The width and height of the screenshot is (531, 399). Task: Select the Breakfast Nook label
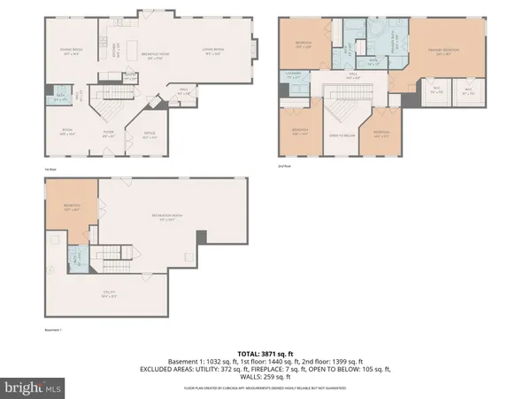pyautogui.click(x=157, y=55)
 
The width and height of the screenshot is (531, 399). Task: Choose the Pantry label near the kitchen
pyautogui.click(x=131, y=77)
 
